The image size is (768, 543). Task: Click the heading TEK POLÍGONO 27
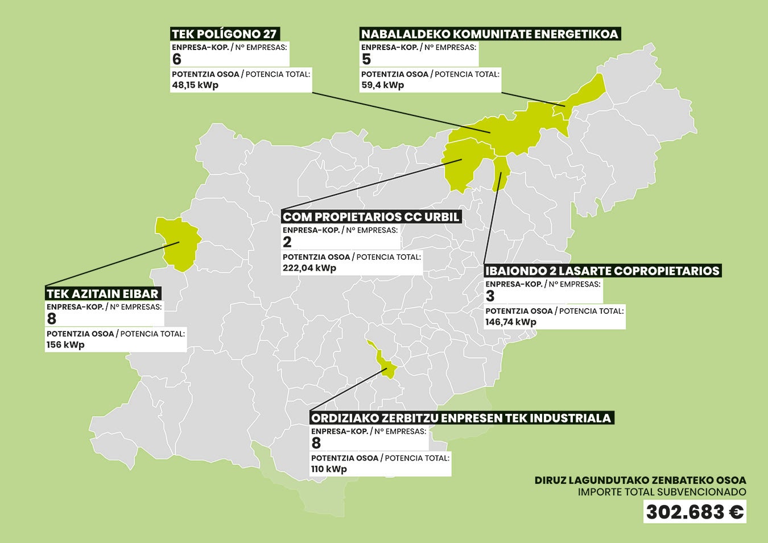click(x=225, y=34)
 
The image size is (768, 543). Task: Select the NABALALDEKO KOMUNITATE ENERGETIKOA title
click(x=489, y=34)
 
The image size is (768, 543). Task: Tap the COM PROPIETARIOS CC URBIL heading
click(x=371, y=217)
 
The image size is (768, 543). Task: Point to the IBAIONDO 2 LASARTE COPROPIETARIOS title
click(x=602, y=271)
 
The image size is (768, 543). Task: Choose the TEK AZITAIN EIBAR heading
click(x=103, y=294)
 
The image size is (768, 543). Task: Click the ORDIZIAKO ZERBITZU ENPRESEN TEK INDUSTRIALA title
click(x=461, y=418)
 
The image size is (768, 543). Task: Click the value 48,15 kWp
click(x=195, y=85)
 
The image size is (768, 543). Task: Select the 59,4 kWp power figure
click(x=382, y=85)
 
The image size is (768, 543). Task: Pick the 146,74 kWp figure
click(x=511, y=322)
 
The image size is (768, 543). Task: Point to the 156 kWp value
click(x=65, y=345)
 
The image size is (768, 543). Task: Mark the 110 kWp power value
click(x=329, y=469)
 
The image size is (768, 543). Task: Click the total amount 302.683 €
click(x=695, y=512)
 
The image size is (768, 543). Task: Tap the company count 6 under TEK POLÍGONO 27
click(x=177, y=60)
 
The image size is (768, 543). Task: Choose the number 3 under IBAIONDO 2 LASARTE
click(x=490, y=296)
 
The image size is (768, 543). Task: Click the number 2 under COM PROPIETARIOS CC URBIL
click(x=287, y=242)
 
